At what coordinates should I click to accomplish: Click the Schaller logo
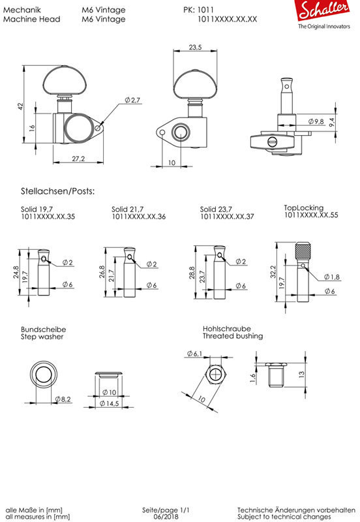coord(323,14)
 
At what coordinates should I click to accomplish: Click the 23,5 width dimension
coord(195,47)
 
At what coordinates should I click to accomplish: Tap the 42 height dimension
coord(21,106)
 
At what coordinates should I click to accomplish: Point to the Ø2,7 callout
coord(133,100)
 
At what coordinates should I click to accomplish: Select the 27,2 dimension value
coord(78,159)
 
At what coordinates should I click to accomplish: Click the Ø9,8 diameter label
coord(316,121)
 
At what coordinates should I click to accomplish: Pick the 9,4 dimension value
coord(332,122)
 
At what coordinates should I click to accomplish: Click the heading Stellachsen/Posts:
coord(58,191)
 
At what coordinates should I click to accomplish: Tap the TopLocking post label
coord(303,207)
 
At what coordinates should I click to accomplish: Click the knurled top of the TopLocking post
coord(303,253)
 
